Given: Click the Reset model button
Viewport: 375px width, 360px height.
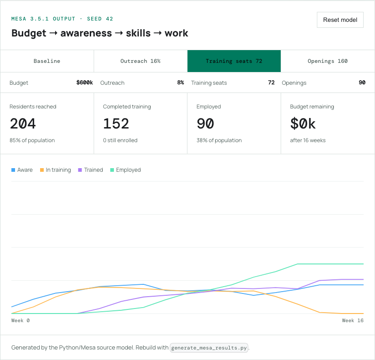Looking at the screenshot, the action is (x=340, y=20).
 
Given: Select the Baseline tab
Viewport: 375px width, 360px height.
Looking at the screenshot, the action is (x=47, y=61).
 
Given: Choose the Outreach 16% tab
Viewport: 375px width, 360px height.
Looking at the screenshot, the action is (x=140, y=61).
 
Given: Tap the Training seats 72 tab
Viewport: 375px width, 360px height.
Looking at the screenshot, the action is (x=234, y=61).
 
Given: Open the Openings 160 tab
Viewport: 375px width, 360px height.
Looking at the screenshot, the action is (x=328, y=61).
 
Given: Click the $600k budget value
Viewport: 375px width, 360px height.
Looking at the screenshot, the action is (x=85, y=82).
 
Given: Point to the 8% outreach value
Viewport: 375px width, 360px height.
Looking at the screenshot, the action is (x=180, y=82).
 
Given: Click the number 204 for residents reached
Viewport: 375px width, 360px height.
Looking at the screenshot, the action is (x=23, y=123).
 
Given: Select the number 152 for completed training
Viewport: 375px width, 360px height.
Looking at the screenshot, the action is (x=116, y=123).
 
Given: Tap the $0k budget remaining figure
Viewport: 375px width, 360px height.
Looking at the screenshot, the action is (x=303, y=123).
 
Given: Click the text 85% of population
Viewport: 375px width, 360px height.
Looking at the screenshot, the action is (x=32, y=140).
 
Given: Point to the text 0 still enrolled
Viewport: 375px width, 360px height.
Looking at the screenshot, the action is (x=120, y=140).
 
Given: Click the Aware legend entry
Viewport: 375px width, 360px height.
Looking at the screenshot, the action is (x=22, y=170).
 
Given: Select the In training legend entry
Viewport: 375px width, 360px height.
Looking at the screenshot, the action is (x=56, y=170).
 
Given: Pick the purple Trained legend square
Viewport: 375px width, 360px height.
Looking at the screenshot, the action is (x=80, y=170).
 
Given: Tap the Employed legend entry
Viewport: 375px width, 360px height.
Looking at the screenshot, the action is (x=126, y=170).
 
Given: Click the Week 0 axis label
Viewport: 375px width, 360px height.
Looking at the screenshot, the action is (x=21, y=320).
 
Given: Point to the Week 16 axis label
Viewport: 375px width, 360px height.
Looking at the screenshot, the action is (x=353, y=320).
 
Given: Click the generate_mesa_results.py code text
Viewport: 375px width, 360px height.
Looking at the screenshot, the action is (x=209, y=348).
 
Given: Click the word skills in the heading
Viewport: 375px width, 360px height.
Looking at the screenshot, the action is (x=138, y=33).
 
